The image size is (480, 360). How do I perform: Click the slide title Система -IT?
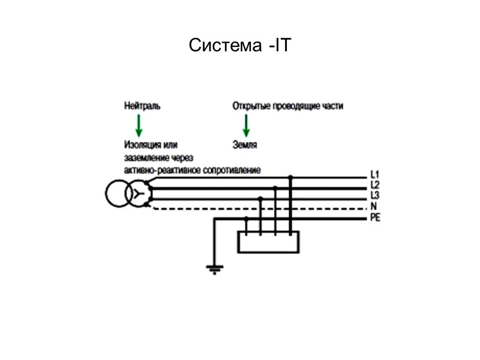tap(239, 46)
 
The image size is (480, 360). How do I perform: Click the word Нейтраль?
tap(142, 106)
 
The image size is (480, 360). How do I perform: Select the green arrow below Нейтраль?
tap(139, 124)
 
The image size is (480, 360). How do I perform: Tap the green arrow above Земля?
tap(245, 124)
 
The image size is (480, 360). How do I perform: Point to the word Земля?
tap(245, 144)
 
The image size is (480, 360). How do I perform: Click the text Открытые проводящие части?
tap(288, 106)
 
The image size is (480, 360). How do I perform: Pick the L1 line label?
tap(374, 176)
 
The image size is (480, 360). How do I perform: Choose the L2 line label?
tap(374, 185)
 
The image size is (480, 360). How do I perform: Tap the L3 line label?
tap(374, 194)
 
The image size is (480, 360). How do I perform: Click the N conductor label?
tap(373, 206)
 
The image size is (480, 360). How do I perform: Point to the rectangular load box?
tap(268, 242)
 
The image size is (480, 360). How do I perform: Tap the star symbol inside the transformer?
tap(139, 193)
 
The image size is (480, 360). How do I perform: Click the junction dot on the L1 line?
tap(290, 178)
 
